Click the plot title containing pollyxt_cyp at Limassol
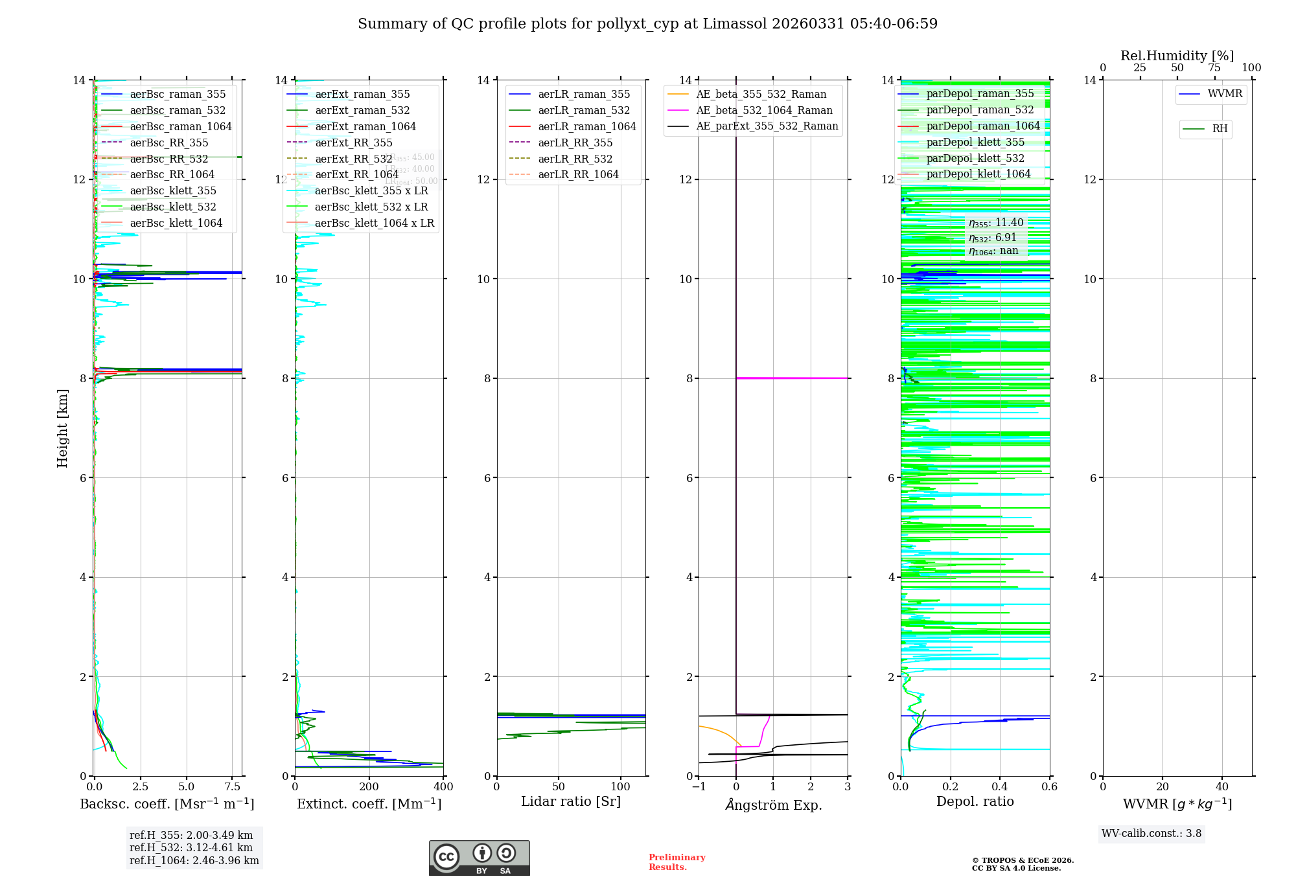click(x=647, y=24)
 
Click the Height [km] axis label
click(x=62, y=428)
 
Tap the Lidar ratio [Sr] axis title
click(x=570, y=801)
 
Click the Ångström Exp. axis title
click(x=773, y=805)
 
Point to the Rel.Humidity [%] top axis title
click(x=1177, y=56)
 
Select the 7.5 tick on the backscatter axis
click(x=233, y=786)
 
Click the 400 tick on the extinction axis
click(x=443, y=786)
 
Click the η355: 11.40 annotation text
click(x=996, y=223)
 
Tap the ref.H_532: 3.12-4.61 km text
click(x=191, y=847)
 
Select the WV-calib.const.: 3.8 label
click(x=1151, y=833)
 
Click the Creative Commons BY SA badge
click(x=479, y=858)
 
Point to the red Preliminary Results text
click(x=677, y=862)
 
